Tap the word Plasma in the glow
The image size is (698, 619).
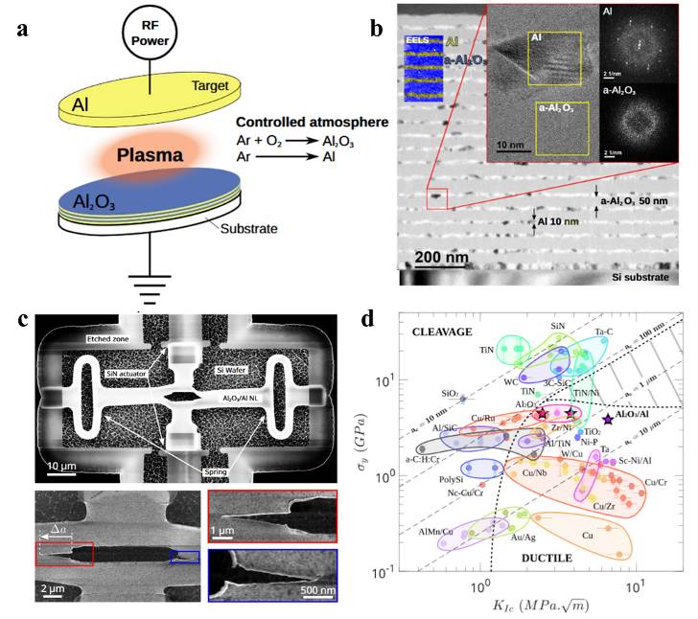pyautogui.click(x=151, y=155)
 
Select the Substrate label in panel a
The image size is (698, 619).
pyautogui.click(x=247, y=231)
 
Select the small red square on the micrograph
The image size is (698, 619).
pyautogui.click(x=437, y=198)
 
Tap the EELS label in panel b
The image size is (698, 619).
pyautogui.click(x=418, y=43)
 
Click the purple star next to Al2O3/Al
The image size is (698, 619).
pyautogui.click(x=608, y=419)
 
